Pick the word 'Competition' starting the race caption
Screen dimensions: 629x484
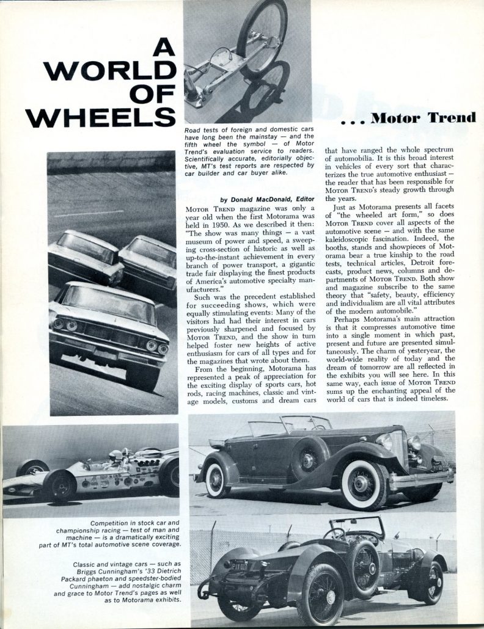pyautogui.click(x=114, y=523)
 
